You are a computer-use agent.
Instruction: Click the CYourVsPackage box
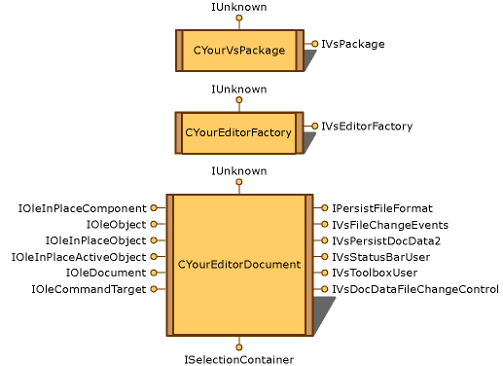click(239, 50)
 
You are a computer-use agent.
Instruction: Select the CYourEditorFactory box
click(239, 132)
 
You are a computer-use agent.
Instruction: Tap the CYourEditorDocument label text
click(239, 265)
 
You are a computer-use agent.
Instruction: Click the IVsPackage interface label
click(353, 44)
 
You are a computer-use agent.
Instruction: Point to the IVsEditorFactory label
click(367, 126)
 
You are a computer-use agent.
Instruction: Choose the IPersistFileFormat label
click(381, 208)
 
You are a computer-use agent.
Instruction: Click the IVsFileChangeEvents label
click(389, 225)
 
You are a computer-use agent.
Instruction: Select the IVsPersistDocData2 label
click(385, 240)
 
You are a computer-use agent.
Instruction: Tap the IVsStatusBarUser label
click(380, 257)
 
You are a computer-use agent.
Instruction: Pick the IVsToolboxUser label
click(375, 273)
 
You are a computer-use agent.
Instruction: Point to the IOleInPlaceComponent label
click(82, 208)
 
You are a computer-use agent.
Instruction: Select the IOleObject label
click(116, 225)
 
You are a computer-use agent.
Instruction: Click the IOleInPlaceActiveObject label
click(79, 257)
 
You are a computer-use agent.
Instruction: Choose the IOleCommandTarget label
click(89, 289)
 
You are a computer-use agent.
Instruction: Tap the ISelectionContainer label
click(239, 359)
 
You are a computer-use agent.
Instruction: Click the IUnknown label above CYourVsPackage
click(239, 7)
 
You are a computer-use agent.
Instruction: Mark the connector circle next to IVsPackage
click(314, 44)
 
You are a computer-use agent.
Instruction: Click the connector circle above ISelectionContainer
click(239, 347)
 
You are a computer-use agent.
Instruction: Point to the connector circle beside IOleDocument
click(154, 273)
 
